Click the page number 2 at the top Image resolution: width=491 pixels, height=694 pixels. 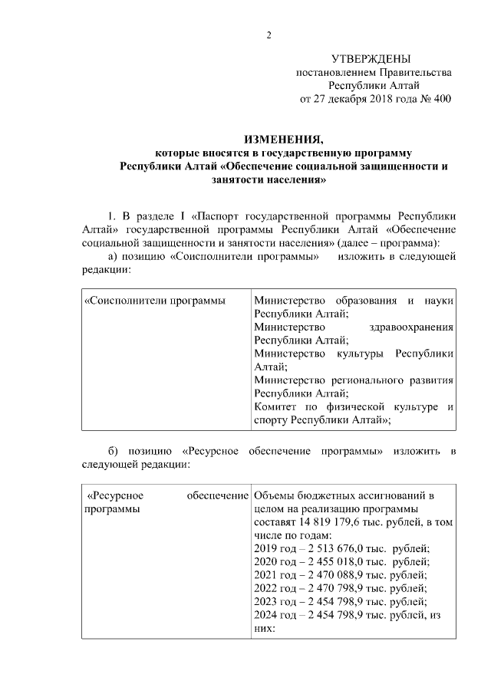(x=269, y=35)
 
